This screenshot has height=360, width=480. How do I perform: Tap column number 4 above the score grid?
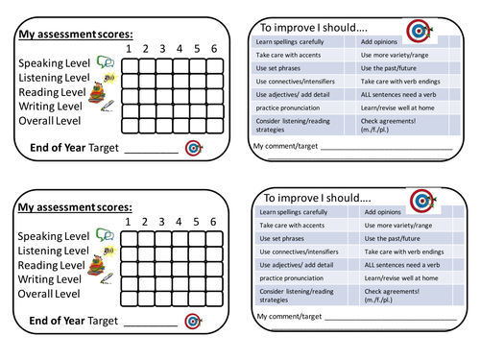pyautogui.click(x=180, y=49)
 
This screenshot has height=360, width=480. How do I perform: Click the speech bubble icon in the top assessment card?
pyautogui.click(x=105, y=63)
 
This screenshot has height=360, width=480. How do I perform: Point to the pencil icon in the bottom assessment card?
pyautogui.click(x=106, y=279)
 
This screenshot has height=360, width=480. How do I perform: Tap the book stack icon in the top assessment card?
pyautogui.click(x=97, y=93)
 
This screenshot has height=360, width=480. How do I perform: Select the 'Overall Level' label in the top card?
pyautogui.click(x=59, y=121)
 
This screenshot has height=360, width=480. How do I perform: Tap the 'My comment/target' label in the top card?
pyautogui.click(x=285, y=145)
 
